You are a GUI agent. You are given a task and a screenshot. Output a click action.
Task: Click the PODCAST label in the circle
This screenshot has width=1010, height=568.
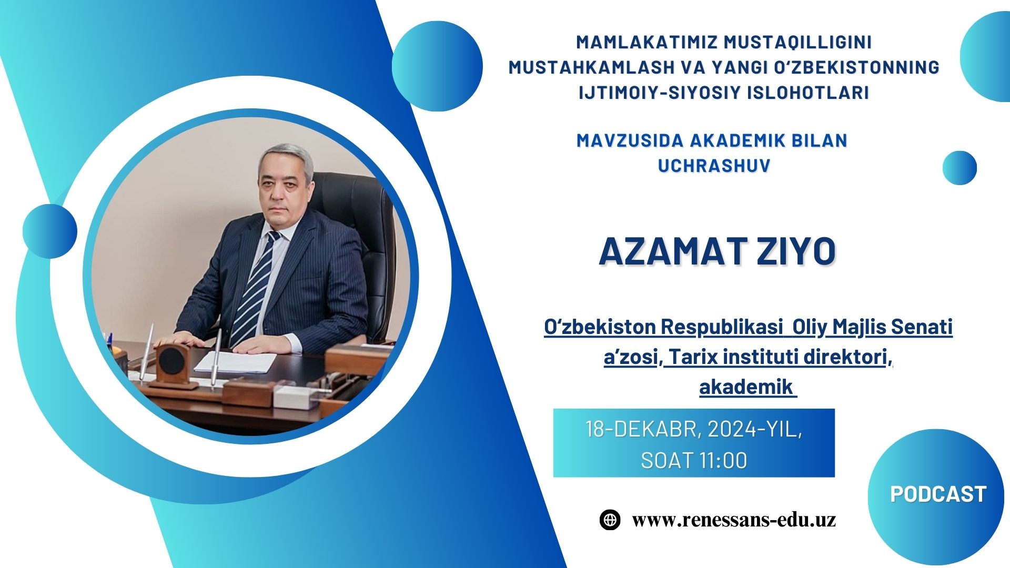tap(938, 494)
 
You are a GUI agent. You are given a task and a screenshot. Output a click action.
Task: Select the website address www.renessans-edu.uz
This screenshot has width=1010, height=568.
tap(734, 520)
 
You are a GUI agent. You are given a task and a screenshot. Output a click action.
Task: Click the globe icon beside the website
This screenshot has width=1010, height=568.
tap(610, 520)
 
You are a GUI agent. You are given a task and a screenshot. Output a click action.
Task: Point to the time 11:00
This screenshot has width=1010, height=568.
tap(723, 461)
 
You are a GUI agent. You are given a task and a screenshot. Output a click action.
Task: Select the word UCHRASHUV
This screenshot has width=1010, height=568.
tap(714, 165)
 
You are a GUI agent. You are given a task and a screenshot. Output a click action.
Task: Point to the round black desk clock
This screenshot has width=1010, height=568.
tap(171, 360)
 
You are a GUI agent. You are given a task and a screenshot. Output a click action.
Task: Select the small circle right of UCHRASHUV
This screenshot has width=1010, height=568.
tap(959, 168)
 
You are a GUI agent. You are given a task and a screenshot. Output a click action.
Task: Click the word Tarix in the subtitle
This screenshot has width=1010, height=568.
tap(690, 357)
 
